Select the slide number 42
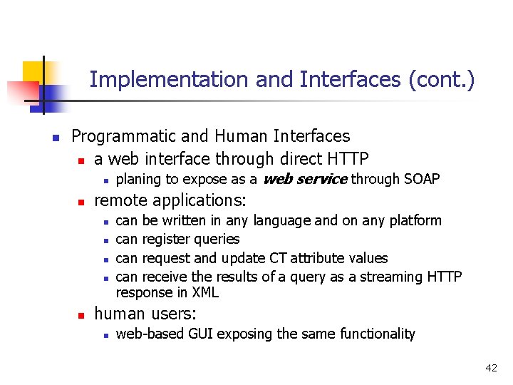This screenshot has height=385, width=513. pyautogui.click(x=491, y=368)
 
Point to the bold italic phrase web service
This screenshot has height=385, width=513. pyautogui.click(x=305, y=179)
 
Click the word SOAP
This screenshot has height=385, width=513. pyautogui.click(x=422, y=179)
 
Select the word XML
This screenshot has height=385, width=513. pyautogui.click(x=205, y=292)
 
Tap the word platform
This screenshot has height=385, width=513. pyautogui.click(x=415, y=221)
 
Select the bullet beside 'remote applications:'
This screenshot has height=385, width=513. pyautogui.click(x=81, y=201)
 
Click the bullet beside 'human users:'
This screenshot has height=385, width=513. pyautogui.click(x=81, y=314)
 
